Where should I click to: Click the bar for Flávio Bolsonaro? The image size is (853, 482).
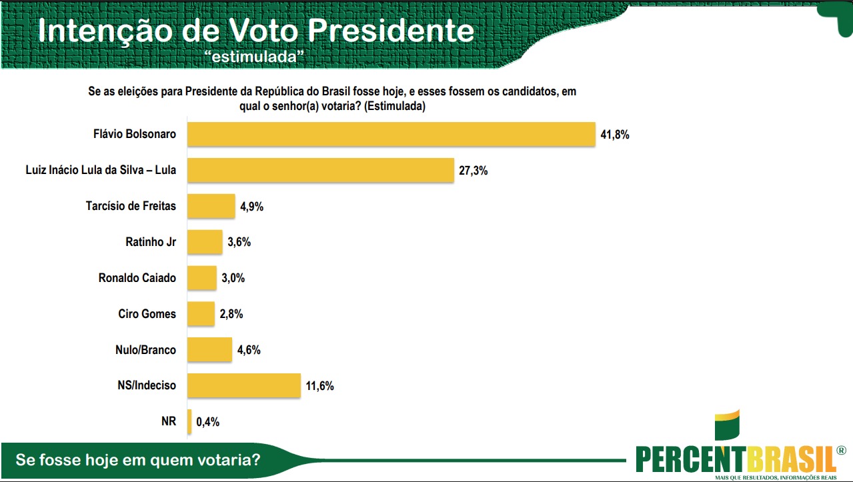pyautogui.click(x=390, y=134)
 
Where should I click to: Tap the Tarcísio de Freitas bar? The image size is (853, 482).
pyautogui.click(x=211, y=206)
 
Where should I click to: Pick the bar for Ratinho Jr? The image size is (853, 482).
pyautogui.click(x=205, y=242)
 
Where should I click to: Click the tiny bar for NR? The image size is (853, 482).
pyautogui.click(x=190, y=421)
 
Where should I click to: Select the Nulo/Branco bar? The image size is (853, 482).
pyautogui.click(x=209, y=349)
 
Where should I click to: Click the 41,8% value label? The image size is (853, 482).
pyautogui.click(x=615, y=135)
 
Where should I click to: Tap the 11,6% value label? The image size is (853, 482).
pyautogui.click(x=319, y=386)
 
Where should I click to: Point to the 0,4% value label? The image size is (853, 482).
pyautogui.click(x=207, y=421)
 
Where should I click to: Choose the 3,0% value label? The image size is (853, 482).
pyautogui.click(x=233, y=278)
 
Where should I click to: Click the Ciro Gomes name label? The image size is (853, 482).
pyautogui.click(x=147, y=313)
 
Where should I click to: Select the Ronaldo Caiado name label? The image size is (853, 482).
pyautogui.click(x=137, y=277)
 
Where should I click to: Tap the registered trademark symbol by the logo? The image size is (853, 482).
pyautogui.click(x=840, y=450)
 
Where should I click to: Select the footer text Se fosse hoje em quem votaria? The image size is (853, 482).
pyautogui.click(x=138, y=460)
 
